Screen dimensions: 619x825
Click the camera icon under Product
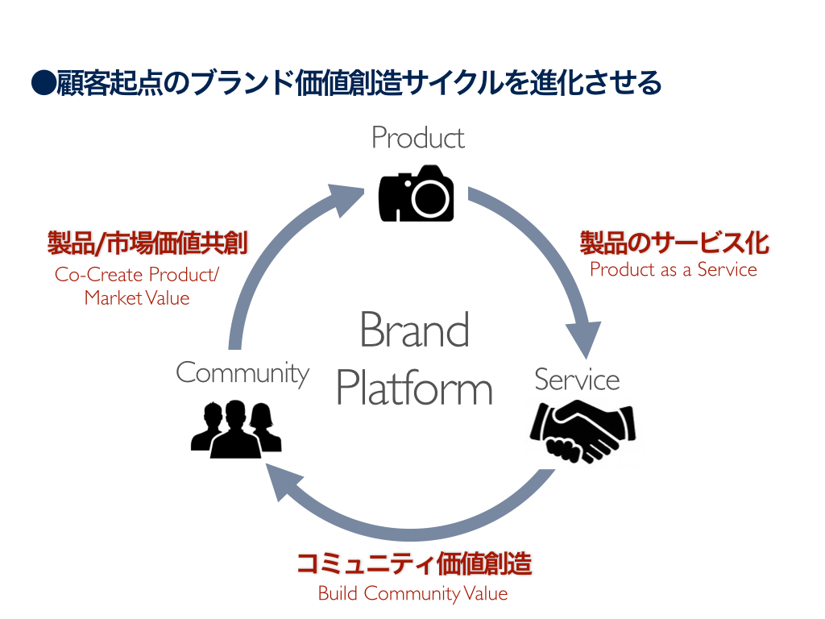coord(416,193)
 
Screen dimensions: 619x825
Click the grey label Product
coord(417,138)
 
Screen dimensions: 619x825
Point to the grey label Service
coord(577,380)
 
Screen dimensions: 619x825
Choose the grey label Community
coord(243,372)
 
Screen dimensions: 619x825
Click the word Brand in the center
coord(414,330)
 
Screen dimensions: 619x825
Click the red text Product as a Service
coord(674,270)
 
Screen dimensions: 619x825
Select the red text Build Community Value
coord(412,594)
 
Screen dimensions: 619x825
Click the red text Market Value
coord(137,298)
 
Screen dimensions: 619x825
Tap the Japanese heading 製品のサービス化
coord(674,243)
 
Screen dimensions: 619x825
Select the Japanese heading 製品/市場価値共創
coord(147,243)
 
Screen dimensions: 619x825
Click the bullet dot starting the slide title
coord(42,83)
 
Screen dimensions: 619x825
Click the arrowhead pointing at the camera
coord(348,198)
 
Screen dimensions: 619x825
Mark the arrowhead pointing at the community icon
coord(280,484)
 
